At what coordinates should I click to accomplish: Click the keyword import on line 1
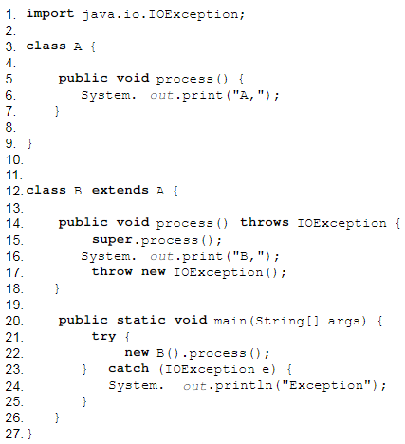(x=50, y=14)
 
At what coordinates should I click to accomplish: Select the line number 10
(x=14, y=159)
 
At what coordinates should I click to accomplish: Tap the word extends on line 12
(x=120, y=190)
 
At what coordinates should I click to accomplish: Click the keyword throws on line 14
(x=265, y=222)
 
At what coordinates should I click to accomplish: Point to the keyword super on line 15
(x=112, y=240)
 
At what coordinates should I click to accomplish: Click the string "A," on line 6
(x=249, y=95)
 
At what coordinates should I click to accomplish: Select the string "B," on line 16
(x=249, y=256)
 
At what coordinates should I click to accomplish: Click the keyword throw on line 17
(x=112, y=271)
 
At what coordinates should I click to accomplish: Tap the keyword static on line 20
(x=141, y=320)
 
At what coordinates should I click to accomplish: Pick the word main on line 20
(x=230, y=321)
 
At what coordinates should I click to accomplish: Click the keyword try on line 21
(x=103, y=337)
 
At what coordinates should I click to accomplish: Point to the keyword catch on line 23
(x=128, y=368)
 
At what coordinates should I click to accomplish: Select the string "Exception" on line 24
(x=326, y=385)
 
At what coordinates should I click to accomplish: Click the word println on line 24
(x=244, y=385)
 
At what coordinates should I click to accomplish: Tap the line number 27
(x=14, y=434)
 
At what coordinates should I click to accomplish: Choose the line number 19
(x=14, y=305)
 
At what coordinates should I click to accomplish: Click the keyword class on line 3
(x=46, y=46)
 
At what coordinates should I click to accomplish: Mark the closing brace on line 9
(x=29, y=143)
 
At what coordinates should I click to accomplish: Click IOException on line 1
(x=193, y=14)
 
